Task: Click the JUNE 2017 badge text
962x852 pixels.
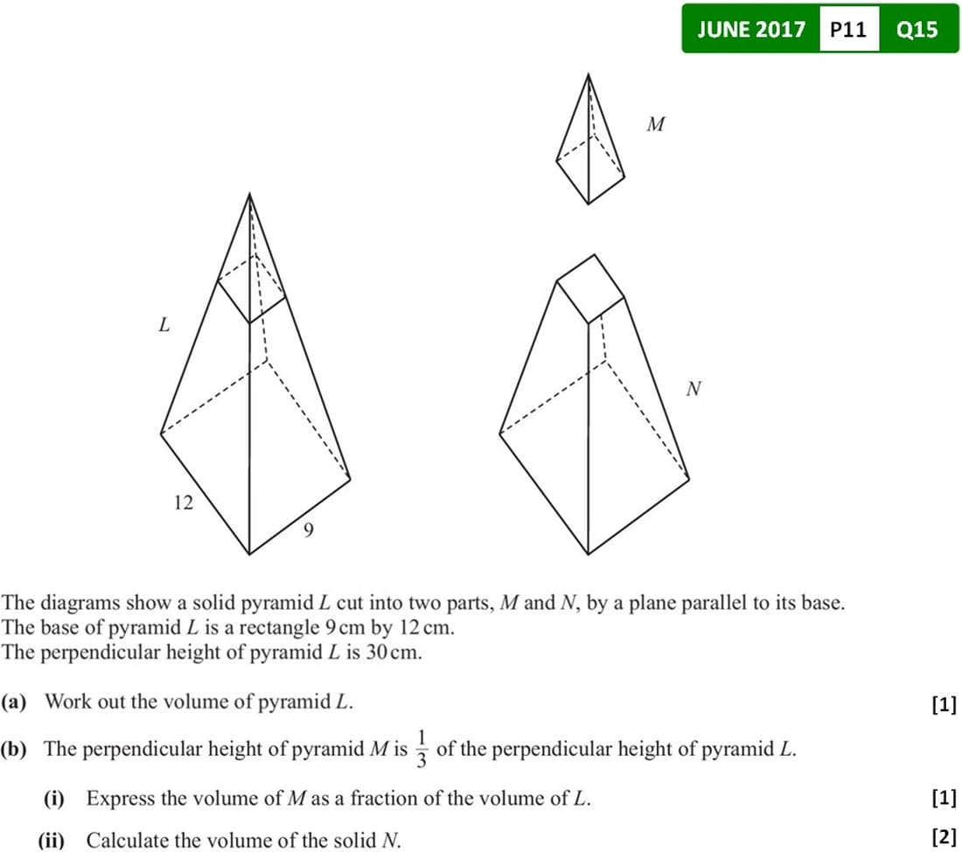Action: click(751, 30)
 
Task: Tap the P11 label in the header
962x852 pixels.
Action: click(848, 30)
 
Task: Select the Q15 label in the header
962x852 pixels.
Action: click(917, 30)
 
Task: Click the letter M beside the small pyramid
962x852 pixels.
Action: click(655, 124)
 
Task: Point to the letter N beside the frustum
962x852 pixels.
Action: click(694, 389)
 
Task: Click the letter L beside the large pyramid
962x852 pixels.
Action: click(164, 324)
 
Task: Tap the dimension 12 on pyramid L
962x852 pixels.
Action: click(184, 502)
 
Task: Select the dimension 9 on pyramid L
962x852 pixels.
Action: click(309, 530)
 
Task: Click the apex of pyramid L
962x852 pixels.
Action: click(249, 194)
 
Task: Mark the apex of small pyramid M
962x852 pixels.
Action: click(589, 75)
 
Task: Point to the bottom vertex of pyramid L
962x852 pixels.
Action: click(249, 554)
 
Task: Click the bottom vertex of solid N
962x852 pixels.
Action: click(589, 554)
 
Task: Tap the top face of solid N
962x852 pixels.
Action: click(590, 288)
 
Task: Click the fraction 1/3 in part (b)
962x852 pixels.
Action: click(422, 748)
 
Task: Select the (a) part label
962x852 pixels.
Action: click(13, 701)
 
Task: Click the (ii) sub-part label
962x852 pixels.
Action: click(51, 840)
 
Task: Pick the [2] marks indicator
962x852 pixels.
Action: click(945, 836)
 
